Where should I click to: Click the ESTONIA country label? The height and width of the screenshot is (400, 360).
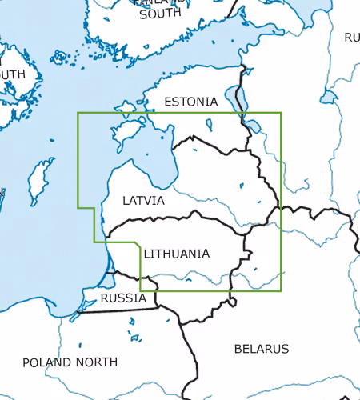coord(190,102)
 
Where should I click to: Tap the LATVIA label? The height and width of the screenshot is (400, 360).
coord(143,201)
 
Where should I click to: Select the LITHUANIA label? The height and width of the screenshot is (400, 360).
coord(177,254)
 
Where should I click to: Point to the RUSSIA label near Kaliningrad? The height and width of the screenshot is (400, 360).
coord(123,298)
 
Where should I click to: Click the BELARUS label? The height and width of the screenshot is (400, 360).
coord(261,349)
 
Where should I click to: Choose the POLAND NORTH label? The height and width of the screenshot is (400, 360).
coord(70,362)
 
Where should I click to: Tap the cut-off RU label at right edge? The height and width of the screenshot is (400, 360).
coord(351,38)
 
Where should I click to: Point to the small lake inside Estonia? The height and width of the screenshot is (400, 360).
coord(209,125)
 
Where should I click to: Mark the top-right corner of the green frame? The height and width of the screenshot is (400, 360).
coord(281,113)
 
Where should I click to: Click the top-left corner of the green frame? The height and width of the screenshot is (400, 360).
coord(78,113)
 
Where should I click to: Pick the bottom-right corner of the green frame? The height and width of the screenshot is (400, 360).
coord(281,290)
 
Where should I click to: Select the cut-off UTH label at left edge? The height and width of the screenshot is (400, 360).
coord(13,74)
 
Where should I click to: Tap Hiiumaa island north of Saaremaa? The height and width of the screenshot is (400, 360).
coord(126,106)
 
